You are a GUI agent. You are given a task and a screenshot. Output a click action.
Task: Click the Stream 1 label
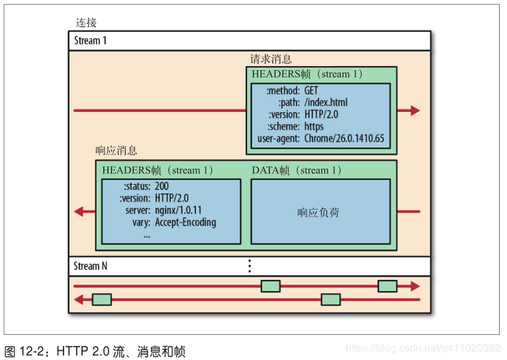[90, 40]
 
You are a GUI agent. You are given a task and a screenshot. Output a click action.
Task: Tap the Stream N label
[90, 266]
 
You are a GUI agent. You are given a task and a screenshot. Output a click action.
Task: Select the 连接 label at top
[86, 23]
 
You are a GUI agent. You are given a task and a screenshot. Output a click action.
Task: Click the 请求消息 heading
[270, 59]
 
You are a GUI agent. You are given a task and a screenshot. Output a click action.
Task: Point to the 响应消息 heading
[116, 151]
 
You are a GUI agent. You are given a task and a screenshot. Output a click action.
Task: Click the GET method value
[312, 91]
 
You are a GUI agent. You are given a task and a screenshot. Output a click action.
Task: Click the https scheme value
[314, 126]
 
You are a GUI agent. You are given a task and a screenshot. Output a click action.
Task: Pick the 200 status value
[161, 187]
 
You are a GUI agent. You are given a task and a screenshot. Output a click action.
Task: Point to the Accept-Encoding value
[185, 222]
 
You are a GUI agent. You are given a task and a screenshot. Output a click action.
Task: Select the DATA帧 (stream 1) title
[297, 171]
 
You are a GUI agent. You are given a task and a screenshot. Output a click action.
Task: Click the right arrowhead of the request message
[415, 111]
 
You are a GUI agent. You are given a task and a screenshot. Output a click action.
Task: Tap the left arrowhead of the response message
[79, 212]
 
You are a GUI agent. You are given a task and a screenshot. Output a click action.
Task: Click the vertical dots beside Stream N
[250, 266]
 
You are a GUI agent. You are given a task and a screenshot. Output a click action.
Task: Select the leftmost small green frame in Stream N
[101, 300]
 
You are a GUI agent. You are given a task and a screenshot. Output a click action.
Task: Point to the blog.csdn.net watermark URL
[424, 348]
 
